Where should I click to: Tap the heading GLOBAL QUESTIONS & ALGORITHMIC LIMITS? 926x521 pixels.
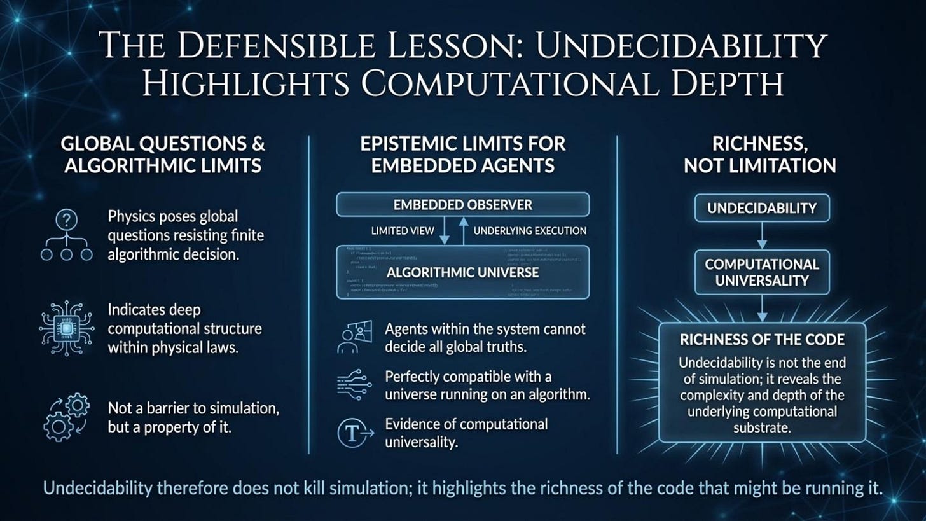[162, 155]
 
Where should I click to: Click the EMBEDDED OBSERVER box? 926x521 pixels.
[462, 205]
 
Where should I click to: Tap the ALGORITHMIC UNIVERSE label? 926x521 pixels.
[462, 272]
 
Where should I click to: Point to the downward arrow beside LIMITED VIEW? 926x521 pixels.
[445, 232]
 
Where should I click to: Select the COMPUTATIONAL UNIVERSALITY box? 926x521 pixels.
[761, 272]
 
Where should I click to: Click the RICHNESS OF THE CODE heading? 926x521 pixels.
[761, 339]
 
